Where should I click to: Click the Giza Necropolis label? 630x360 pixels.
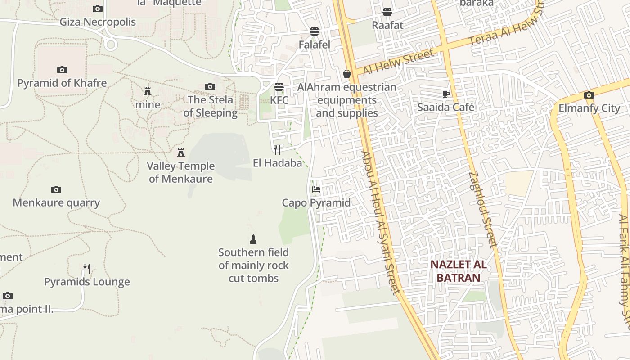(98, 22)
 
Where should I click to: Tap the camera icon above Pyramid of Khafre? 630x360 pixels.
(62, 70)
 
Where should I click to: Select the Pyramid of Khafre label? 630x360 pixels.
(62, 83)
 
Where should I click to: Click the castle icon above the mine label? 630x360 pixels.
(148, 91)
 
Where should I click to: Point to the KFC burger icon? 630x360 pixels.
(279, 86)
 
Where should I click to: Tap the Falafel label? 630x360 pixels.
(315, 45)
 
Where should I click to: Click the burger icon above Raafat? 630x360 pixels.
(387, 12)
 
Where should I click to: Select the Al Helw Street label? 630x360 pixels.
(399, 62)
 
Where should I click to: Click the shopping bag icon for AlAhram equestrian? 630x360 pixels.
(347, 73)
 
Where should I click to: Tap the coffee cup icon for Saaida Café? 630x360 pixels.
(445, 94)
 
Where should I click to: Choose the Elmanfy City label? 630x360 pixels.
(589, 108)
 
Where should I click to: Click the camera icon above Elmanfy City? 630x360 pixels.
(589, 95)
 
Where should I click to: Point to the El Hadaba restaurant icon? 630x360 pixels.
(277, 149)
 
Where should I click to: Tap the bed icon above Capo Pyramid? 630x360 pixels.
(316, 189)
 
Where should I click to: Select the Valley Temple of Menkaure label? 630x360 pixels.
(181, 172)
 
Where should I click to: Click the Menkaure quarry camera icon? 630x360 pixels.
(56, 189)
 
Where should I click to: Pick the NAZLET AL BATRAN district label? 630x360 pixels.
(459, 271)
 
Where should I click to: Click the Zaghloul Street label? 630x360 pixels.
(481, 209)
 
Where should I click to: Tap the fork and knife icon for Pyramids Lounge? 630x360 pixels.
(87, 269)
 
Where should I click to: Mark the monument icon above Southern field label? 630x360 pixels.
(253, 239)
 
